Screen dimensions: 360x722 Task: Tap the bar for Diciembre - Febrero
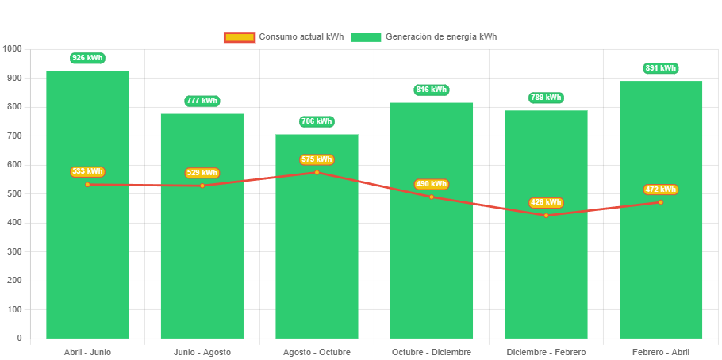(x=546, y=270)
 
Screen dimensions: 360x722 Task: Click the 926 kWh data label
(x=87, y=58)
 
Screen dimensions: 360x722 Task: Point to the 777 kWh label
(x=202, y=101)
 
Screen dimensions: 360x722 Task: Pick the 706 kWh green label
(x=317, y=121)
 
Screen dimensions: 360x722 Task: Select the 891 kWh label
(x=660, y=68)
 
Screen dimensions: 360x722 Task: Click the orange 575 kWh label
(x=317, y=159)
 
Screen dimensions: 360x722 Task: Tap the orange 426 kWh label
(x=546, y=202)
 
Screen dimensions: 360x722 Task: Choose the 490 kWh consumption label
(x=432, y=184)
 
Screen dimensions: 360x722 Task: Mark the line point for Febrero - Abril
(x=660, y=202)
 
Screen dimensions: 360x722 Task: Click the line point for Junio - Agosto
(x=202, y=186)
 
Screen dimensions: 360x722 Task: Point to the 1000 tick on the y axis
(x=13, y=48)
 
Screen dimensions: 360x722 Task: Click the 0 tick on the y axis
(x=19, y=338)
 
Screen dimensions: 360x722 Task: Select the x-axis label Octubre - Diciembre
(x=432, y=352)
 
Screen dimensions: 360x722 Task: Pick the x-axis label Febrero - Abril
(x=660, y=352)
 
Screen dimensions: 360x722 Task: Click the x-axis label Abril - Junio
(x=87, y=352)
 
